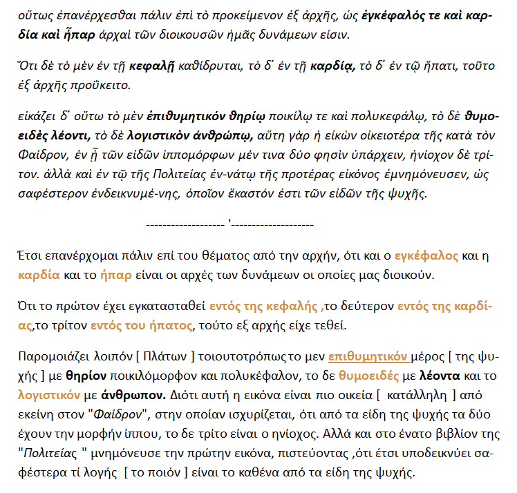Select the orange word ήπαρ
114,275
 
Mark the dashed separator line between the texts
230,224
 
